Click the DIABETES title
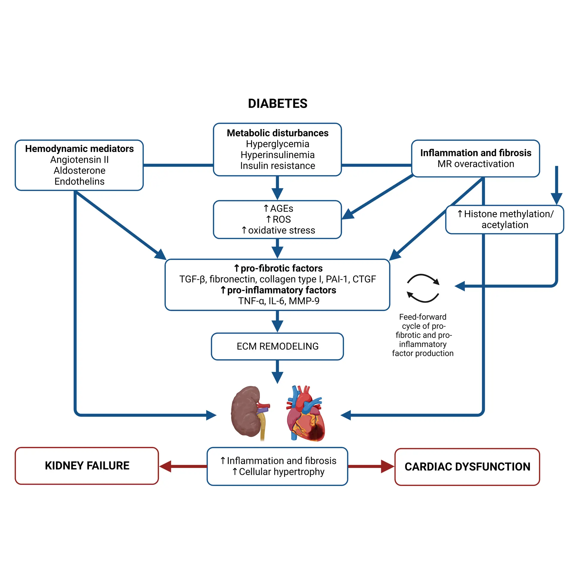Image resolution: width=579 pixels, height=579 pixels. click(277, 104)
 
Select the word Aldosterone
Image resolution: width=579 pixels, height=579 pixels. click(79, 171)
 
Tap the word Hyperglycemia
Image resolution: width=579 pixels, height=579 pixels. click(277, 144)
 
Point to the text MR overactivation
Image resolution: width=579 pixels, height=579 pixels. click(475, 164)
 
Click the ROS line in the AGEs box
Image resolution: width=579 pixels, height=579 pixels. click(278, 219)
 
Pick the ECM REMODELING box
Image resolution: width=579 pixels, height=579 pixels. click(277, 346)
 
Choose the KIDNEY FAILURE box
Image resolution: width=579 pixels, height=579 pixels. click(87, 465)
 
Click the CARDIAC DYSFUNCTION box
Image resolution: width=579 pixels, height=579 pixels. click(467, 466)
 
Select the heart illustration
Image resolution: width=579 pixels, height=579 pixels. click(305, 414)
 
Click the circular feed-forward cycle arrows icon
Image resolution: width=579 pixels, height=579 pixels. click(423, 288)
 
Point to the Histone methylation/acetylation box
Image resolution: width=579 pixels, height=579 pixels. click(505, 219)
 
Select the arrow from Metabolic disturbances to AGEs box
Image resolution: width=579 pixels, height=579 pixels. click(277, 188)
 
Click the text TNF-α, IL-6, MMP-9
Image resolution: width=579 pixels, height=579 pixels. click(278, 301)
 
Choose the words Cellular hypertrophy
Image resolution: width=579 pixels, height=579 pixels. click(281, 472)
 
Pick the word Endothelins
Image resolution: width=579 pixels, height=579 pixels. click(79, 181)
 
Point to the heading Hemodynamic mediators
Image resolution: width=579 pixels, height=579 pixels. click(79, 149)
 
